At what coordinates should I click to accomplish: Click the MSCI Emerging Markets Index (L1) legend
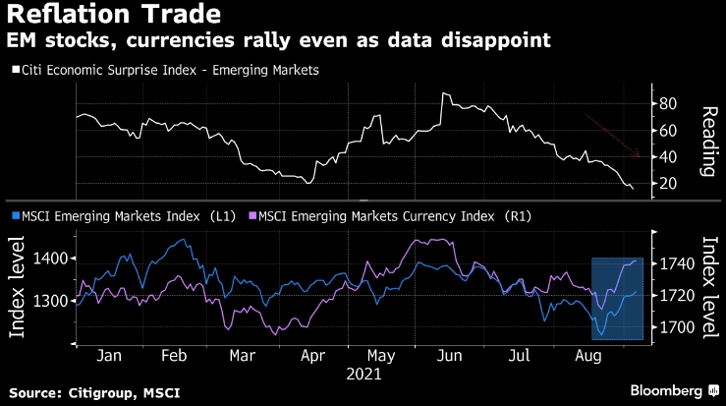[119, 214]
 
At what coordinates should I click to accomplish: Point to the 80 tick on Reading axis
[668, 103]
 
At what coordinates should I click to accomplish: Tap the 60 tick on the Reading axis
[668, 130]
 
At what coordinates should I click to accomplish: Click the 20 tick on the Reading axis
[668, 183]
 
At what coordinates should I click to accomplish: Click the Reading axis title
[704, 143]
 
